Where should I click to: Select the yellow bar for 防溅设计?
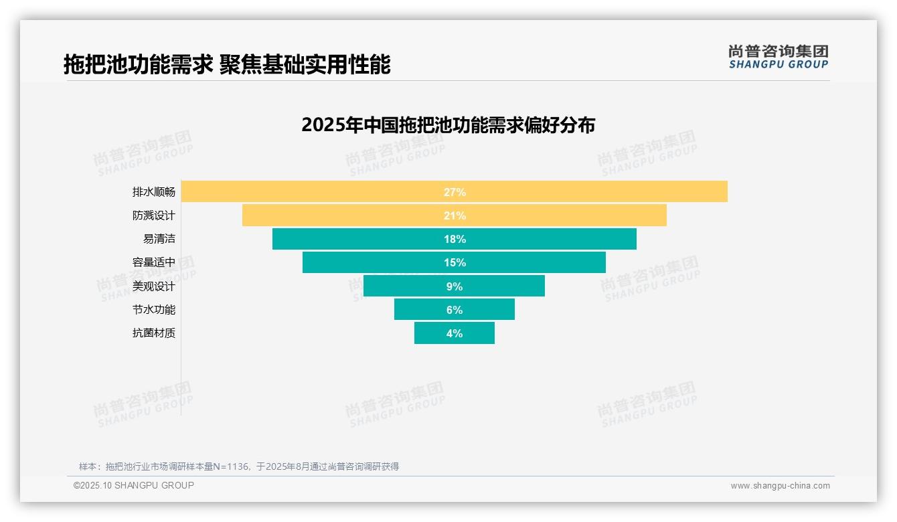(335, 215)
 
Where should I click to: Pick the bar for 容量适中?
(368, 262)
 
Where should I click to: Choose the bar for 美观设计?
(402, 286)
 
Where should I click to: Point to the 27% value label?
(455, 192)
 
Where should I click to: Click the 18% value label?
(455, 239)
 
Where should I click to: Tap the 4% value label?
(455, 333)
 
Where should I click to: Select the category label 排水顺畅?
(154, 192)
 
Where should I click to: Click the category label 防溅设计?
(154, 215)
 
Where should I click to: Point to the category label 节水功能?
(154, 310)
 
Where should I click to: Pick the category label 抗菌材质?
(154, 333)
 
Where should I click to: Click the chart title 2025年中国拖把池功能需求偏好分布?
(448, 125)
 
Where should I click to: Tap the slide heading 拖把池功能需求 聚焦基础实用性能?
(227, 64)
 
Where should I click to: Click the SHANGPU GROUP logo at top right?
(778, 57)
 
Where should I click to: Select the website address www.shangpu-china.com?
(780, 486)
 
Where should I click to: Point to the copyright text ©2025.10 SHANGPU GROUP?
(134, 485)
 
